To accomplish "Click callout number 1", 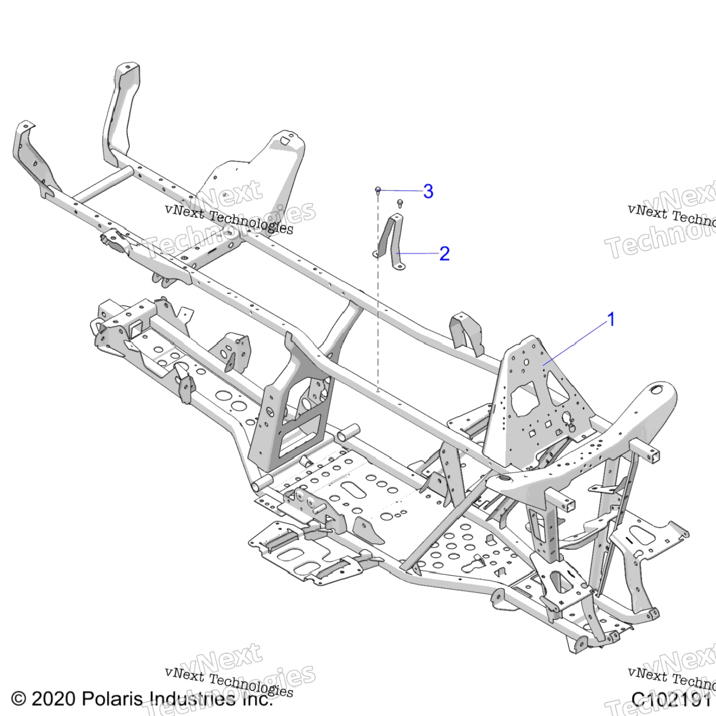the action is click(611, 319).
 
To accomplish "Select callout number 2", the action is click(444, 253).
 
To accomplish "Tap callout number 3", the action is click(428, 191).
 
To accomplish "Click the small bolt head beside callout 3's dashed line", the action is click(400, 204).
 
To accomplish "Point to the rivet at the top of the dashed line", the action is click(378, 190).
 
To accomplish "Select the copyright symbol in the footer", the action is click(18, 699).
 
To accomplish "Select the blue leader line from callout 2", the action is click(418, 253).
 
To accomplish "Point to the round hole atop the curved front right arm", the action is click(657, 390).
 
